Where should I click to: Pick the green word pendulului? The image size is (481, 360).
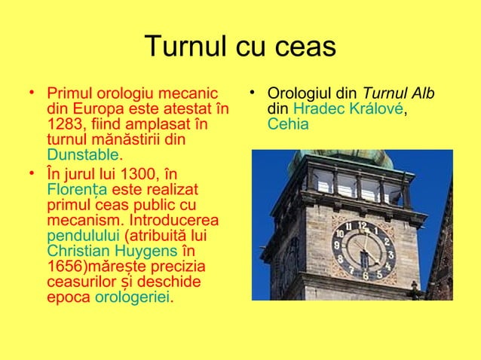point(79,236)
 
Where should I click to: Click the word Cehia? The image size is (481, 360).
point(288,124)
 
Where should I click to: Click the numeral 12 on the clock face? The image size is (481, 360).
point(362,226)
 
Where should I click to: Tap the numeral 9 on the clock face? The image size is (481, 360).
point(340,247)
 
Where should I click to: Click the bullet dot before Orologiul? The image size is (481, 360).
point(256,93)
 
